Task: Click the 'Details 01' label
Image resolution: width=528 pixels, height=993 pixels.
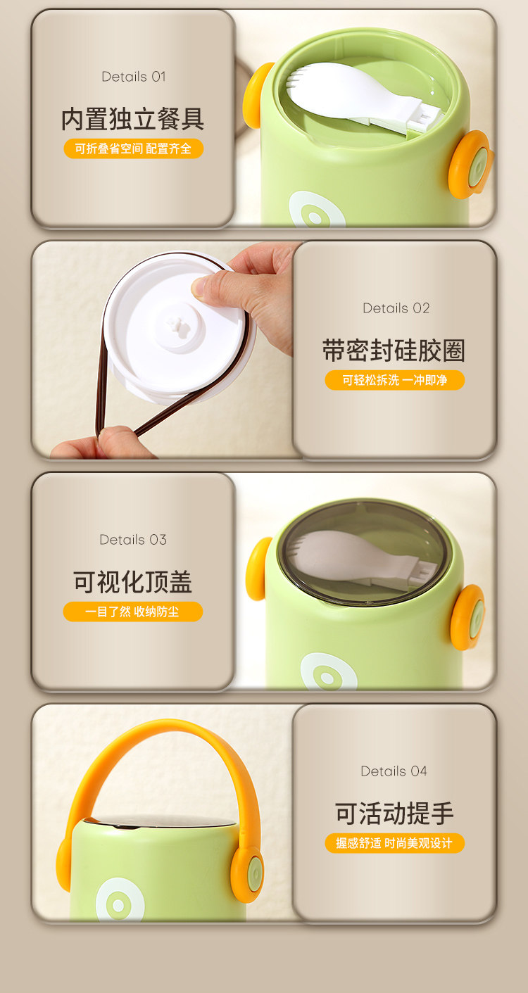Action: click(134, 77)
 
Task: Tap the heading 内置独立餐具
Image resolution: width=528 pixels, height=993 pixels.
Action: click(133, 119)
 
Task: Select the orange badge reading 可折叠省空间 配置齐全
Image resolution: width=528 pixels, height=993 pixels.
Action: click(134, 148)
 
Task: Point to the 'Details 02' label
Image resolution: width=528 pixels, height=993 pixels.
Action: click(396, 308)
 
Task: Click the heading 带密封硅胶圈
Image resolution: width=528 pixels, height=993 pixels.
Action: click(394, 350)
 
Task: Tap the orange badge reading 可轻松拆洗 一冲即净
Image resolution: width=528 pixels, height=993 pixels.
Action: click(394, 380)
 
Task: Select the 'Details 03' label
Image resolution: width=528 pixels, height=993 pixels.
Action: click(133, 540)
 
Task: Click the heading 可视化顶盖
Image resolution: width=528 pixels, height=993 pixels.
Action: click(132, 582)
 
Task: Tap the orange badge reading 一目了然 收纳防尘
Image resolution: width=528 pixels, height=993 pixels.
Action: click(132, 612)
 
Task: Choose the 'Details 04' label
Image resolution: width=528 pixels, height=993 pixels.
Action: click(394, 771)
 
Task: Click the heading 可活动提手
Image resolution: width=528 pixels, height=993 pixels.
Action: click(394, 814)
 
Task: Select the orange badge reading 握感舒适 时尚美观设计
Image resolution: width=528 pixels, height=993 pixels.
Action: click(394, 843)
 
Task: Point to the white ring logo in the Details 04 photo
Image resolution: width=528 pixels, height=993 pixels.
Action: click(120, 900)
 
